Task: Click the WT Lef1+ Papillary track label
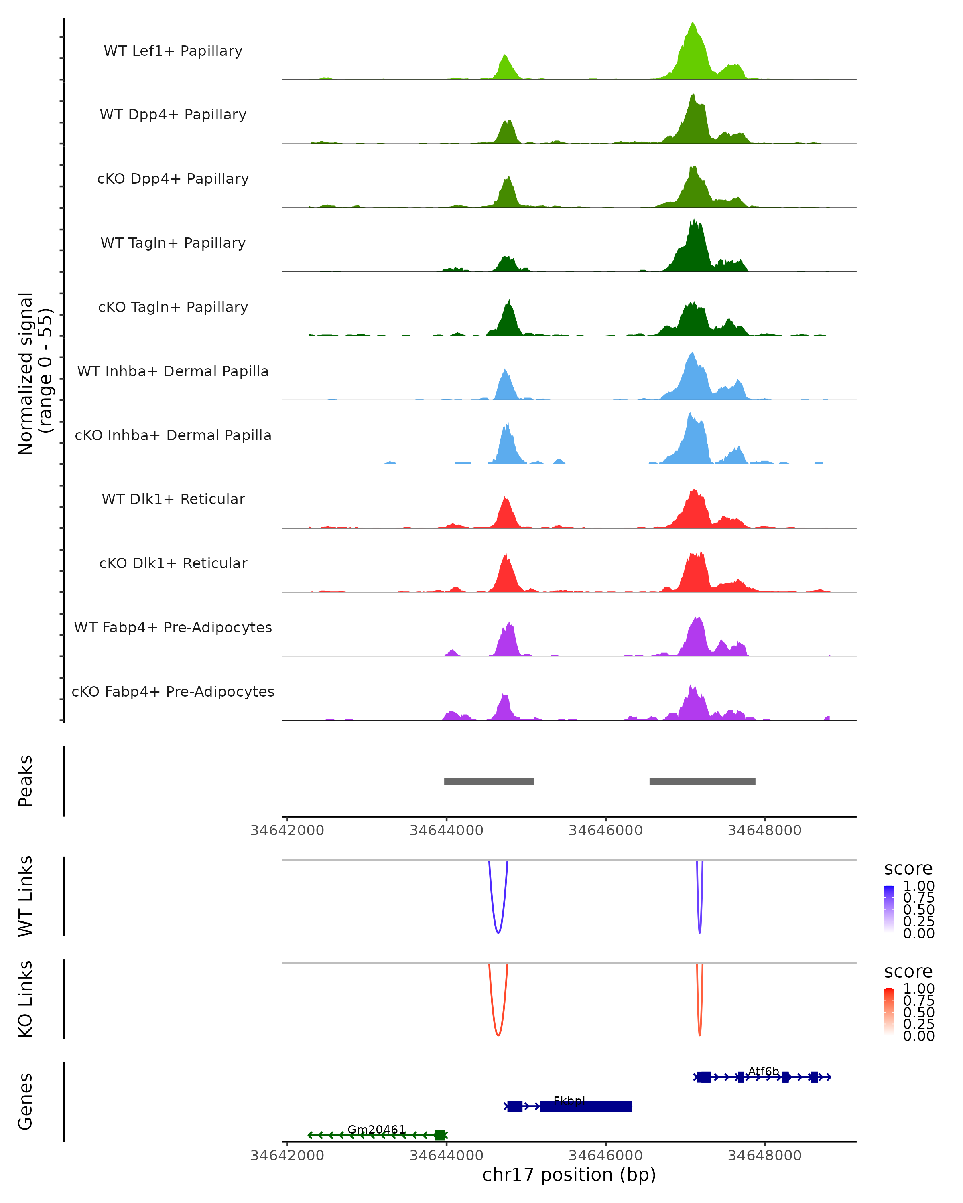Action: coord(173,51)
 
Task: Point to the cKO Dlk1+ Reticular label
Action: coord(173,563)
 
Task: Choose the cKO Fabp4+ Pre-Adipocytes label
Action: coord(173,691)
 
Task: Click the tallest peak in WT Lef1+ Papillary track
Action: coord(693,25)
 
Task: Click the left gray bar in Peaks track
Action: coord(489,781)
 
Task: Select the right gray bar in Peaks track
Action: coord(702,781)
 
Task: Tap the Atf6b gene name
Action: coord(763,1071)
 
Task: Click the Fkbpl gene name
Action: coord(569,1100)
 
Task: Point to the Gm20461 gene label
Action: coord(376,1129)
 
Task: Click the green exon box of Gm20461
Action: coord(440,1135)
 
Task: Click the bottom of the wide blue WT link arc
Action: coord(498,932)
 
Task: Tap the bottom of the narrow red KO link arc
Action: coord(699,1035)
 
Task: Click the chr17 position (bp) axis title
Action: coord(569,1175)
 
